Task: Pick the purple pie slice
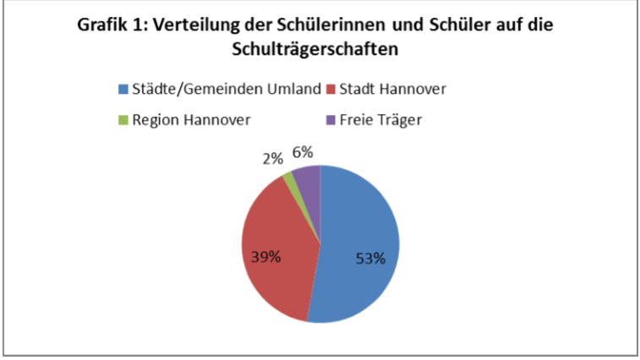pyautogui.click(x=307, y=176)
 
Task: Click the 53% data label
pyautogui.click(x=369, y=258)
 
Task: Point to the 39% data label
pyautogui.click(x=265, y=256)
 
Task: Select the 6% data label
pyautogui.click(x=303, y=152)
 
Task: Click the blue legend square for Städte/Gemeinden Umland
pyautogui.click(x=124, y=89)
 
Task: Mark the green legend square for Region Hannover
pyautogui.click(x=124, y=119)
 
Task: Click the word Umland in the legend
pyautogui.click(x=297, y=89)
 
